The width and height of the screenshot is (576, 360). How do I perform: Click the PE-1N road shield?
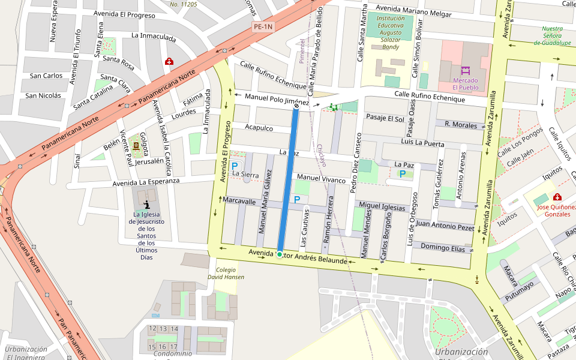263,26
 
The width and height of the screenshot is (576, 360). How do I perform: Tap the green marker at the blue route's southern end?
280,254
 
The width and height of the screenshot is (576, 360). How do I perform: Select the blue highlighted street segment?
287,180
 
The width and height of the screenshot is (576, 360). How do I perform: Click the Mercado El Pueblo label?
466,83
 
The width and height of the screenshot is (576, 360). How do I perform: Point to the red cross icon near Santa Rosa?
169,61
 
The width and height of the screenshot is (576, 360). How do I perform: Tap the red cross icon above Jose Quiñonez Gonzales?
557,197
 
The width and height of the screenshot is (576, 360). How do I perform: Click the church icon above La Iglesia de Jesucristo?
147,205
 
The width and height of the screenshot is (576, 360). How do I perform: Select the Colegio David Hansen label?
226,274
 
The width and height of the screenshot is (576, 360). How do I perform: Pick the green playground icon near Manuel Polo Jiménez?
334,107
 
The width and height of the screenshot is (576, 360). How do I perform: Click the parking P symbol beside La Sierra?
235,166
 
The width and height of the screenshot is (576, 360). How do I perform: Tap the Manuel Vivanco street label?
322,178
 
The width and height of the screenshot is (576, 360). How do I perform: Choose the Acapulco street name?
259,128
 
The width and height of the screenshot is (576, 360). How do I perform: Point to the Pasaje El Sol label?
385,118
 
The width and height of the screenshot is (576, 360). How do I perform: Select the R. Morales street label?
461,124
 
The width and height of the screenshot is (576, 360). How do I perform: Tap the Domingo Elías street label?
443,247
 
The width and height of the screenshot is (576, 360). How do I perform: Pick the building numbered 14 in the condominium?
174,329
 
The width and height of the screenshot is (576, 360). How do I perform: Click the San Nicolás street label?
43,95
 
